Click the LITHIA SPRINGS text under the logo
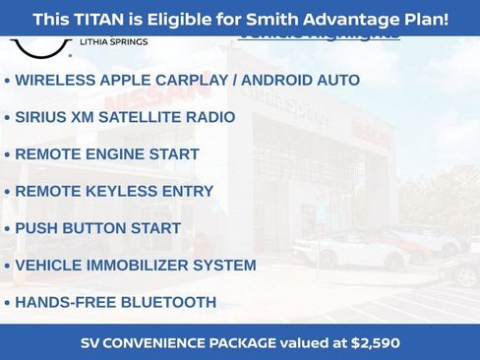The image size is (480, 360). (x=112, y=43)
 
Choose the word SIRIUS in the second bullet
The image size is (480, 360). (x=41, y=117)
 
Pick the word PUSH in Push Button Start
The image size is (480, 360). (x=36, y=228)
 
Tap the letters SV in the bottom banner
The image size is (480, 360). (x=91, y=343)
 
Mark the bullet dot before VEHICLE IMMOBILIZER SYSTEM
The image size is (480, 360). (x=8, y=266)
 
